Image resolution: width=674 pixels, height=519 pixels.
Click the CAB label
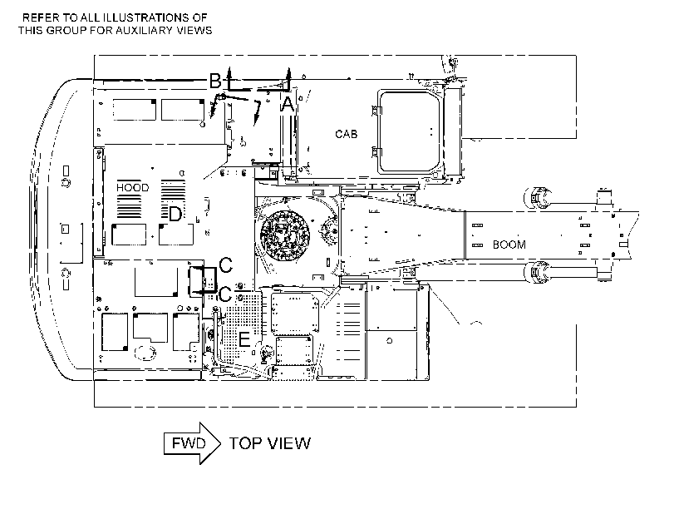(x=346, y=134)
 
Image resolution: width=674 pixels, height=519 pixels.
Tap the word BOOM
(x=509, y=245)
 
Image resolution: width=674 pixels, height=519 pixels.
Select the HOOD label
(x=133, y=188)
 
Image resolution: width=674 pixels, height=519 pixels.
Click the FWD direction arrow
(x=192, y=443)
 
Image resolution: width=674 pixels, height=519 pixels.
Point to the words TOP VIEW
(x=269, y=443)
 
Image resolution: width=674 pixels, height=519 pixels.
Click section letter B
(x=215, y=81)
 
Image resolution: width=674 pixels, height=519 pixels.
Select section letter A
(x=288, y=104)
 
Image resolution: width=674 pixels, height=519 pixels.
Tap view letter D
(x=175, y=214)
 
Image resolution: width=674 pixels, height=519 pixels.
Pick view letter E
(x=244, y=339)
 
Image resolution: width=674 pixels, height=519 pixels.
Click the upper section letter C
(x=226, y=265)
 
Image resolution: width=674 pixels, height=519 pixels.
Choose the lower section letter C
(x=226, y=294)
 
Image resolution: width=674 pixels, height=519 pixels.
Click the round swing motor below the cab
(x=284, y=235)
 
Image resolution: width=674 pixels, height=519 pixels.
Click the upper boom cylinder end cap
(x=535, y=197)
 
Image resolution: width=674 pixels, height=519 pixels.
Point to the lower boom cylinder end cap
(x=535, y=273)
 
